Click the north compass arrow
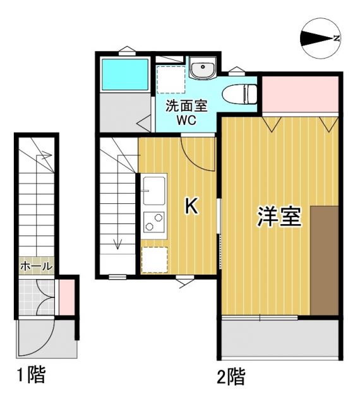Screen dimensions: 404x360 tap(321, 39)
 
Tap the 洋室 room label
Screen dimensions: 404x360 tap(279, 217)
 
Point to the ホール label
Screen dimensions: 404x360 tap(37, 267)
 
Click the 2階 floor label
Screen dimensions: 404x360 tap(231, 377)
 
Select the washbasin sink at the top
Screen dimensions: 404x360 tap(202, 69)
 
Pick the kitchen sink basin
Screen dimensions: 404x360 tap(153, 189)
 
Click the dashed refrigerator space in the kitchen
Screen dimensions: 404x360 tap(154, 259)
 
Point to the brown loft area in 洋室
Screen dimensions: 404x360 tap(325, 259)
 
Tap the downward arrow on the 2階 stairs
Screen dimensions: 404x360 tap(117, 243)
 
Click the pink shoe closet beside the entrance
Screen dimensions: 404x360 tap(66, 297)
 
